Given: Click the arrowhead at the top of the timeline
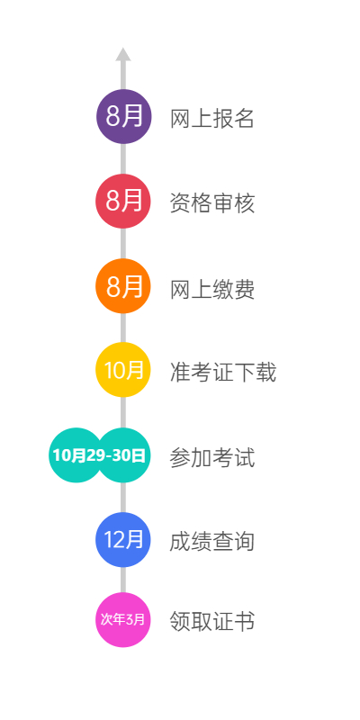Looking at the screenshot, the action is [x=123, y=54].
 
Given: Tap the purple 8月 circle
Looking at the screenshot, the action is [x=123, y=117].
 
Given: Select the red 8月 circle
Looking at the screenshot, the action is [x=123, y=201].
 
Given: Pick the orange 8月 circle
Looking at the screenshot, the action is [x=123, y=286].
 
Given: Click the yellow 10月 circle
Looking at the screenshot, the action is [x=123, y=370].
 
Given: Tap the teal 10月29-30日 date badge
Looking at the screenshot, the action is [x=100, y=455].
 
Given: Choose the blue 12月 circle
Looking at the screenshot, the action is [x=123, y=539].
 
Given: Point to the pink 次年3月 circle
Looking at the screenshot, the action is [x=123, y=620].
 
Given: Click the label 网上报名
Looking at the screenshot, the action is [x=212, y=119].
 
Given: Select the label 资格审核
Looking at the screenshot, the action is [x=212, y=203].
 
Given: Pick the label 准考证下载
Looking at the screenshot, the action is [x=223, y=373].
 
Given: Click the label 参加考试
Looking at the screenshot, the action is [x=212, y=458].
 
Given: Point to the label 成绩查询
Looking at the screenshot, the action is [x=212, y=542].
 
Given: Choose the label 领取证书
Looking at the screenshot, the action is [x=212, y=622].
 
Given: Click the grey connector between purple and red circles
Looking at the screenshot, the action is [x=123, y=159].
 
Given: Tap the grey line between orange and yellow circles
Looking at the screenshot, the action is [x=123, y=328].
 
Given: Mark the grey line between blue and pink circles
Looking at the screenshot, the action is [x=123, y=580].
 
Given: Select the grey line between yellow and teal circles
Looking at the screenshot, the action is [x=123, y=412].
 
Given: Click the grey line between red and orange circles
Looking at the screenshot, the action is [x=123, y=243].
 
